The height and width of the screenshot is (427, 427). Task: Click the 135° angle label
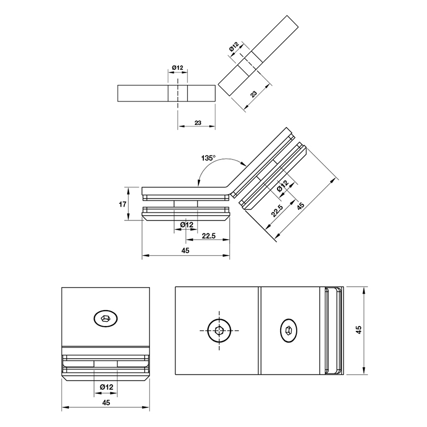208,158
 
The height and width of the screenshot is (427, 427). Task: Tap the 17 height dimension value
123,204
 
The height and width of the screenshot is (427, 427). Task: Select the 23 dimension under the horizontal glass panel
198,123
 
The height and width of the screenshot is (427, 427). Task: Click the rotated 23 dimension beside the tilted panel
254,94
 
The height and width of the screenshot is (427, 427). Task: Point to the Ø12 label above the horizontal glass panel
178,68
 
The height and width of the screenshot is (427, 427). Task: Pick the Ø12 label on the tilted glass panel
234,46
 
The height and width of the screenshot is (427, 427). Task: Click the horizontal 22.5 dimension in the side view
209,235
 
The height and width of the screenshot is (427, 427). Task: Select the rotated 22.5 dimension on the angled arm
277,210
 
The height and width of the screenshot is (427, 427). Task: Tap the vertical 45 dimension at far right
359,330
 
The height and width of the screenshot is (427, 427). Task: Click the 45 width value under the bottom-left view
106,402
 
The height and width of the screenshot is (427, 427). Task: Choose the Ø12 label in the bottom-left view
106,386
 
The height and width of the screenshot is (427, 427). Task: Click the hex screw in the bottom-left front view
106,318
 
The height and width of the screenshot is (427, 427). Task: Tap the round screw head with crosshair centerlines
219,330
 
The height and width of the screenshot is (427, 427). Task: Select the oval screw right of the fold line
289,330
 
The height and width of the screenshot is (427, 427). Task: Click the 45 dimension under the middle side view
185,250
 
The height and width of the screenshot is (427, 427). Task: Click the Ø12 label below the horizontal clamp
186,225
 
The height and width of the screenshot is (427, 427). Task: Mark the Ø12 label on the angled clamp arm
282,186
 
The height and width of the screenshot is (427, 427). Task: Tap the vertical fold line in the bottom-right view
259,330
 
